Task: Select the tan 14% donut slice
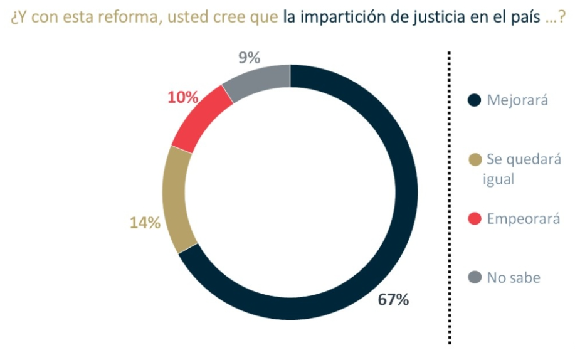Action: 176,201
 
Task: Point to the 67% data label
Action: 393,300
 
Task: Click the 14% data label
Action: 145,223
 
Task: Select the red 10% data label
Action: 183,98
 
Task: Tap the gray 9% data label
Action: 249,58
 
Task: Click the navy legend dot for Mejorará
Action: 475,100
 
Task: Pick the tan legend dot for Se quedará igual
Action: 475,160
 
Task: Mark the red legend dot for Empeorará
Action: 475,218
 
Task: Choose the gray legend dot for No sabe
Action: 475,277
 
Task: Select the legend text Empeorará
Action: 524,218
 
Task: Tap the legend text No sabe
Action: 514,277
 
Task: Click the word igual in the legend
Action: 500,179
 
